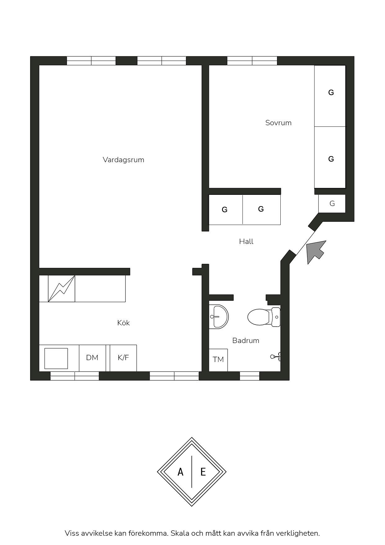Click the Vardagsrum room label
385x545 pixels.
[123, 160]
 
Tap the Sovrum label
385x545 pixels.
[278, 123]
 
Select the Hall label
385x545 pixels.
[246, 241]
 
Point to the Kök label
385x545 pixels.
[123, 323]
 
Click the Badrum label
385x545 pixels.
[246, 341]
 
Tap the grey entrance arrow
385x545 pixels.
[315, 252]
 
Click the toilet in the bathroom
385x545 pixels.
[264, 317]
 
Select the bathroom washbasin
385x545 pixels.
[219, 317]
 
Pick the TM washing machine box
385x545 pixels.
[218, 360]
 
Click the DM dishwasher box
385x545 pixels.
[92, 358]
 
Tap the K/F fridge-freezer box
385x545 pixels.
[123, 358]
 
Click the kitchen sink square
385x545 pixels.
[56, 358]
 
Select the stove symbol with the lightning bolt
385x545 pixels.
[61, 289]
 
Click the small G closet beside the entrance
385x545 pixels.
[332, 204]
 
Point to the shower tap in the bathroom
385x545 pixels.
[276, 357]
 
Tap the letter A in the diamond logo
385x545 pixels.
[180, 472]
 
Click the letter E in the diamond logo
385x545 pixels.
[203, 472]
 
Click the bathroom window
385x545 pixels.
[250, 376]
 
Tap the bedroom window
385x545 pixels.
[252, 61]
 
